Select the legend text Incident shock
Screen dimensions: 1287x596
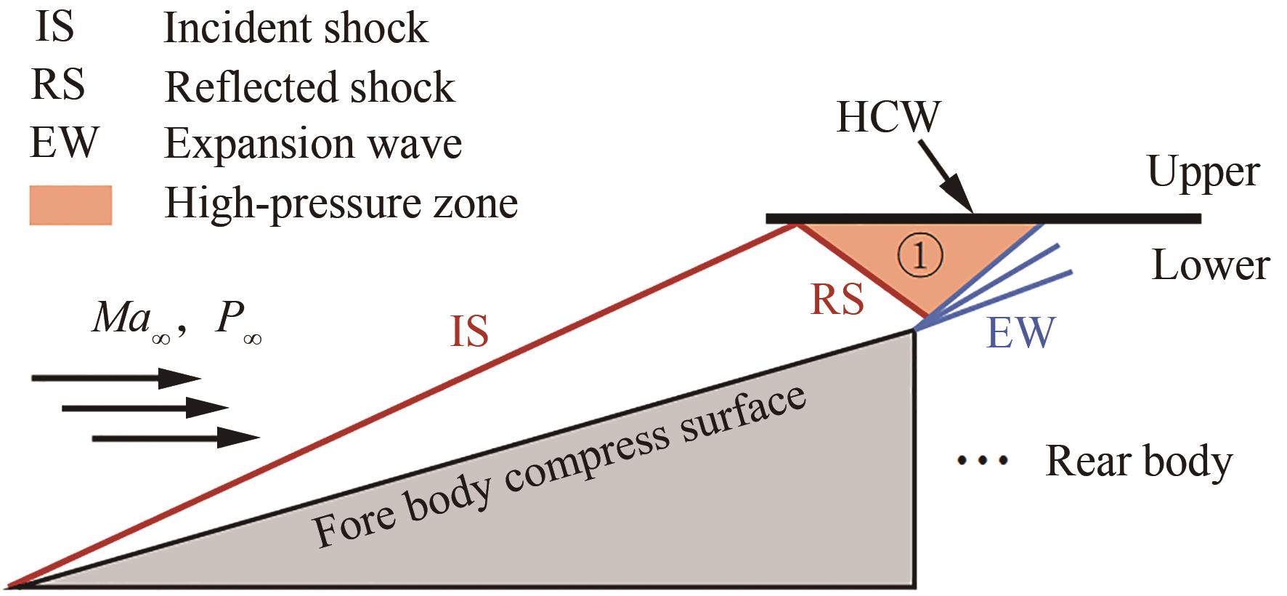coord(296,29)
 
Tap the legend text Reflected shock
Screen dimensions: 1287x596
coord(310,87)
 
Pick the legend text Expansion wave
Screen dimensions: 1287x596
coord(313,143)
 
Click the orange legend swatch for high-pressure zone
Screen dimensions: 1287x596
coord(70,205)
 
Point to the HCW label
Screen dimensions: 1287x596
coord(888,117)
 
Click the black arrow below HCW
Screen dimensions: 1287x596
coord(944,176)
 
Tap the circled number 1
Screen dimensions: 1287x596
coord(919,256)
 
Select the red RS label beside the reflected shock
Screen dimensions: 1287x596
coord(837,299)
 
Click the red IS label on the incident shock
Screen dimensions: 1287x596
coord(469,330)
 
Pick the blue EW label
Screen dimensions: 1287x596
coord(1020,333)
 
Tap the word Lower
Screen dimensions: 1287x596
coord(1210,266)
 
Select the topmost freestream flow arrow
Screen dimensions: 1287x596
coord(115,378)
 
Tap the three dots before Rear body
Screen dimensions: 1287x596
coord(983,459)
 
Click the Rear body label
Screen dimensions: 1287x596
coord(1139,461)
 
